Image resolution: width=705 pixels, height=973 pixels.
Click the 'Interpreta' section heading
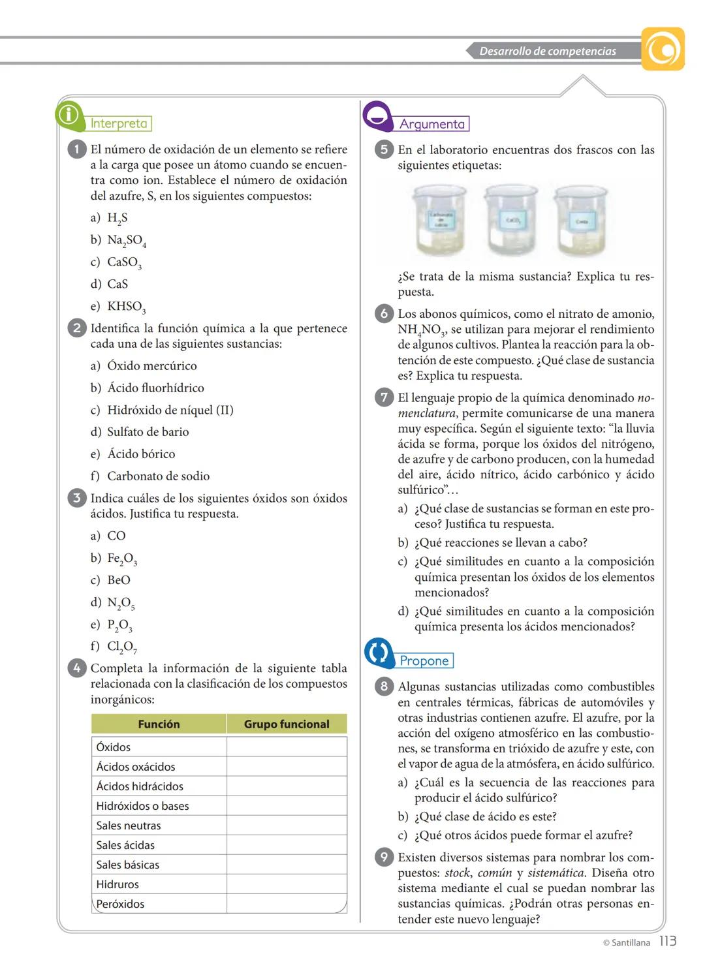tap(119, 123)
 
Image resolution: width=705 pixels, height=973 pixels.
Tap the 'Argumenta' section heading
tap(432, 124)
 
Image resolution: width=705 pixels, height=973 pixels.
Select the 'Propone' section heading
tap(424, 660)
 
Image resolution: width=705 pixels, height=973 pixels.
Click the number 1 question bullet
tap(76, 149)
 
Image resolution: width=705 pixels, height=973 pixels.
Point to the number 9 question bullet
tap(384, 857)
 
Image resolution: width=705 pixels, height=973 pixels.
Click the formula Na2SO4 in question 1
tap(127, 240)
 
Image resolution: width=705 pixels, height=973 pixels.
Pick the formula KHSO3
tap(127, 307)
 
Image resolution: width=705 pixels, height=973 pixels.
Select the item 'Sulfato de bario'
tap(148, 432)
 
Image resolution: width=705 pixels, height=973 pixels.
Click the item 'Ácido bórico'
tap(141, 454)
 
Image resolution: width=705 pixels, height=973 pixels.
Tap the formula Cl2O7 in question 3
tap(122, 647)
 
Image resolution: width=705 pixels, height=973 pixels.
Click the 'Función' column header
tap(159, 724)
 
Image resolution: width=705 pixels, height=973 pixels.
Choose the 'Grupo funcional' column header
tap(287, 724)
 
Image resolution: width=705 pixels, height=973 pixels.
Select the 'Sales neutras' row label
tap(129, 826)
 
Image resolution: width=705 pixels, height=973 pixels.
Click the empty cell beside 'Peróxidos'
tap(286, 904)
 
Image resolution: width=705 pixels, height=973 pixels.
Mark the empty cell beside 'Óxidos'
tap(286, 747)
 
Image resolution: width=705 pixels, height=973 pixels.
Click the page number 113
tap(667, 941)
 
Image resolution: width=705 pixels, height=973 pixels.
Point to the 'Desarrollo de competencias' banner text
tap(547, 51)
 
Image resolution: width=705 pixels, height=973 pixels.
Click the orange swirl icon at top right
tap(663, 49)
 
